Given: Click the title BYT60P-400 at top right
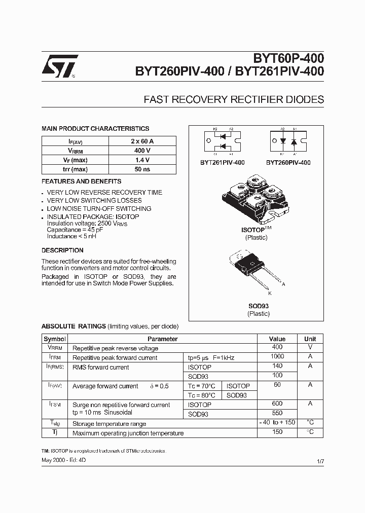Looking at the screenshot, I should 293,60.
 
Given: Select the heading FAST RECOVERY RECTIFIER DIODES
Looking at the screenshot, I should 234,99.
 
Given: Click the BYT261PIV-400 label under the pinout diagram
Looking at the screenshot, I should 222,163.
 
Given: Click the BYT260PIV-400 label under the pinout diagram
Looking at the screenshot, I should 288,163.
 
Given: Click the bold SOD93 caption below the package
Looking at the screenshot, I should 258,306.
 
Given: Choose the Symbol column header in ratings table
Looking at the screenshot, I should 55,339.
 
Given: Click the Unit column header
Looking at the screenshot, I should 310,339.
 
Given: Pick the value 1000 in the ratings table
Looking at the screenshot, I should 277,357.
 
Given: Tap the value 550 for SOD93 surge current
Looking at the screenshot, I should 277,414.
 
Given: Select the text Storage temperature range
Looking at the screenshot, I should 109,423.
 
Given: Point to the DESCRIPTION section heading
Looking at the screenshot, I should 62,250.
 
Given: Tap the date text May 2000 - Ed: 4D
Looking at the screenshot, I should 64,460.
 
